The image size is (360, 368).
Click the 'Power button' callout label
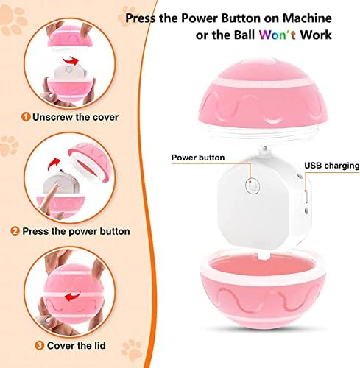(x=198, y=158)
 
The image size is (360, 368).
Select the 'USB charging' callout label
(x=332, y=166)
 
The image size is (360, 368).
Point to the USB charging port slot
(x=306, y=197)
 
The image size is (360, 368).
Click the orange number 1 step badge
(x=26, y=117)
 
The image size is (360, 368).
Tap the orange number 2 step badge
(x=15, y=231)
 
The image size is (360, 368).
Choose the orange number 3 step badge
(x=39, y=346)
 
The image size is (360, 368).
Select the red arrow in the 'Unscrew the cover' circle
(x=71, y=60)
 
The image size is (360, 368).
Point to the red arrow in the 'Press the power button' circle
(x=54, y=163)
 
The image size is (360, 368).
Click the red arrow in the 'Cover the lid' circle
(x=73, y=297)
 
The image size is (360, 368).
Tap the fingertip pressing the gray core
(x=56, y=186)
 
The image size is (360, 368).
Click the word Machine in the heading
(x=307, y=18)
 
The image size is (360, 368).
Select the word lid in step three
(x=99, y=346)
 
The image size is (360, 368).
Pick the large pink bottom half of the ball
(x=263, y=289)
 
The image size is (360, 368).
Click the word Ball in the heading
(x=244, y=35)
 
